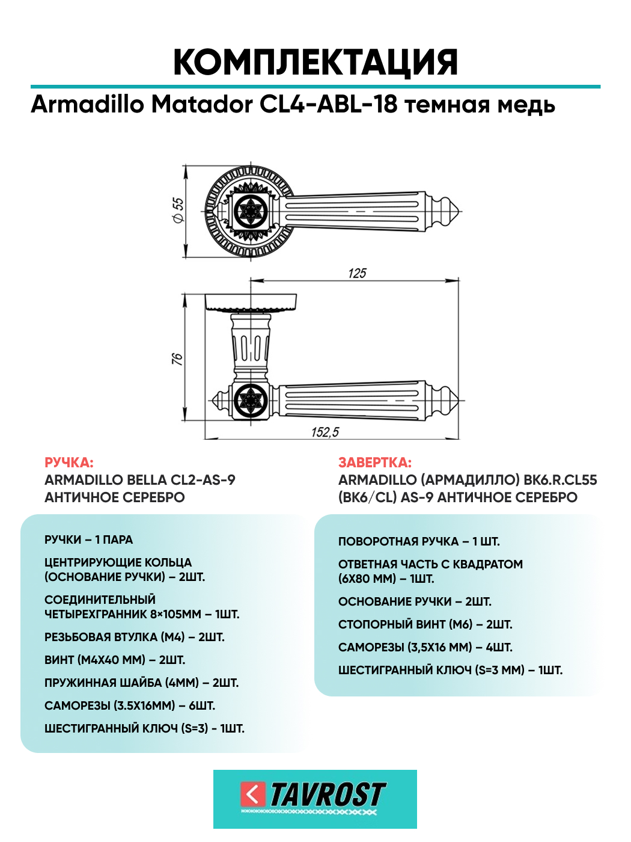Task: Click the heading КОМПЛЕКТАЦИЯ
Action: point(315,62)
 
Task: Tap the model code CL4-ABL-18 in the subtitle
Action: point(328,105)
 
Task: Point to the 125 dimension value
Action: point(357,273)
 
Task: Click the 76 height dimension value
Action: point(177,359)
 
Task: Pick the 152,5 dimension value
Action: point(325,432)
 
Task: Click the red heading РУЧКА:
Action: point(69,462)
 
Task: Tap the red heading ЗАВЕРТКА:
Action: point(375,462)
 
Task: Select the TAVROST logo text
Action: point(328,794)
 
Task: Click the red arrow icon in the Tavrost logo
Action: point(253,794)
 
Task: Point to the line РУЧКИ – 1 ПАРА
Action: point(89,539)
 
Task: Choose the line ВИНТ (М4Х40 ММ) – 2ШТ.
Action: point(115,660)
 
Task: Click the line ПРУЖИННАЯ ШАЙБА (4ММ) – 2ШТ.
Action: point(142,683)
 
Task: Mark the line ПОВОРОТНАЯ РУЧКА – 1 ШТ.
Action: point(419,541)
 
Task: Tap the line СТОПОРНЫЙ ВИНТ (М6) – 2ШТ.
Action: point(425,624)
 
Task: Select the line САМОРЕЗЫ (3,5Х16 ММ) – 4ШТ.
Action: point(425,647)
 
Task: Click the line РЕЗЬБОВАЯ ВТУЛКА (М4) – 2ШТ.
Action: point(135,637)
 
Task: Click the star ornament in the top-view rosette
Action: point(249,211)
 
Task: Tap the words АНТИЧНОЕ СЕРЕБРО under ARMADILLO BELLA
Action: point(115,497)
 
